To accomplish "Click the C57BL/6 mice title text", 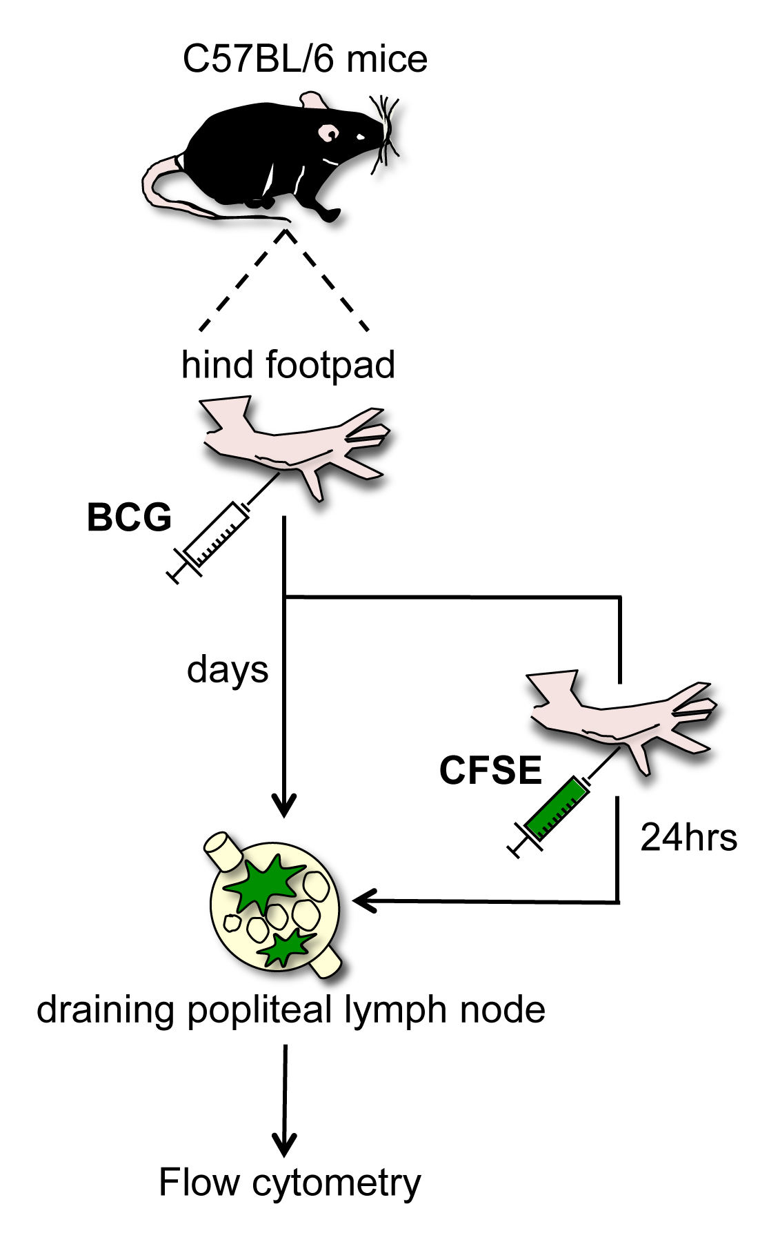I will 305,59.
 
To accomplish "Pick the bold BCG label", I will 129,517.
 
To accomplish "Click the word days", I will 228,669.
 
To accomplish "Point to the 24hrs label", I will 688,838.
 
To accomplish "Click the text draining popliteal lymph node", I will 291,1009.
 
